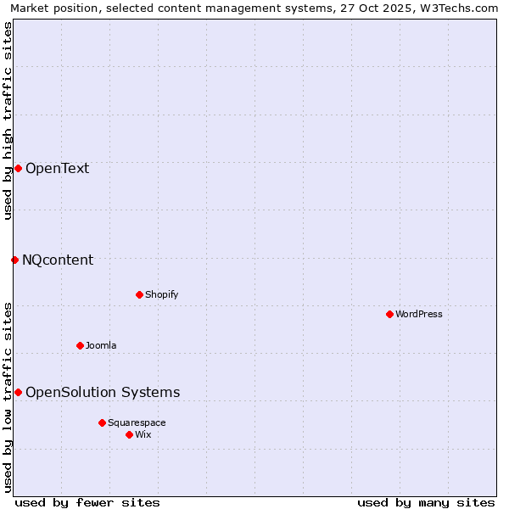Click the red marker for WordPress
click(x=389, y=314)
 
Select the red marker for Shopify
click(x=139, y=294)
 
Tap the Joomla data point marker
click(x=80, y=345)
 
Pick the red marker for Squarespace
click(x=102, y=422)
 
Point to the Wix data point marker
click(x=129, y=434)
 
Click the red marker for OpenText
click(x=18, y=168)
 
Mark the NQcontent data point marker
click(x=14, y=260)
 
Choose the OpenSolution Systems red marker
click(x=18, y=392)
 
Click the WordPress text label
click(x=419, y=314)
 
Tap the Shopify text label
click(x=162, y=294)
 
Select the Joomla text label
click(x=101, y=345)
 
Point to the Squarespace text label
click(x=137, y=422)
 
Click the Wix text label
click(x=143, y=434)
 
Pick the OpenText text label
click(x=57, y=168)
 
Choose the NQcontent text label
click(x=58, y=260)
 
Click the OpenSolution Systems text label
click(x=103, y=392)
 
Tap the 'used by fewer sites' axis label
click(x=87, y=502)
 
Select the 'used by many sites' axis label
click(x=426, y=502)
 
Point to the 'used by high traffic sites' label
click(x=8, y=120)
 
